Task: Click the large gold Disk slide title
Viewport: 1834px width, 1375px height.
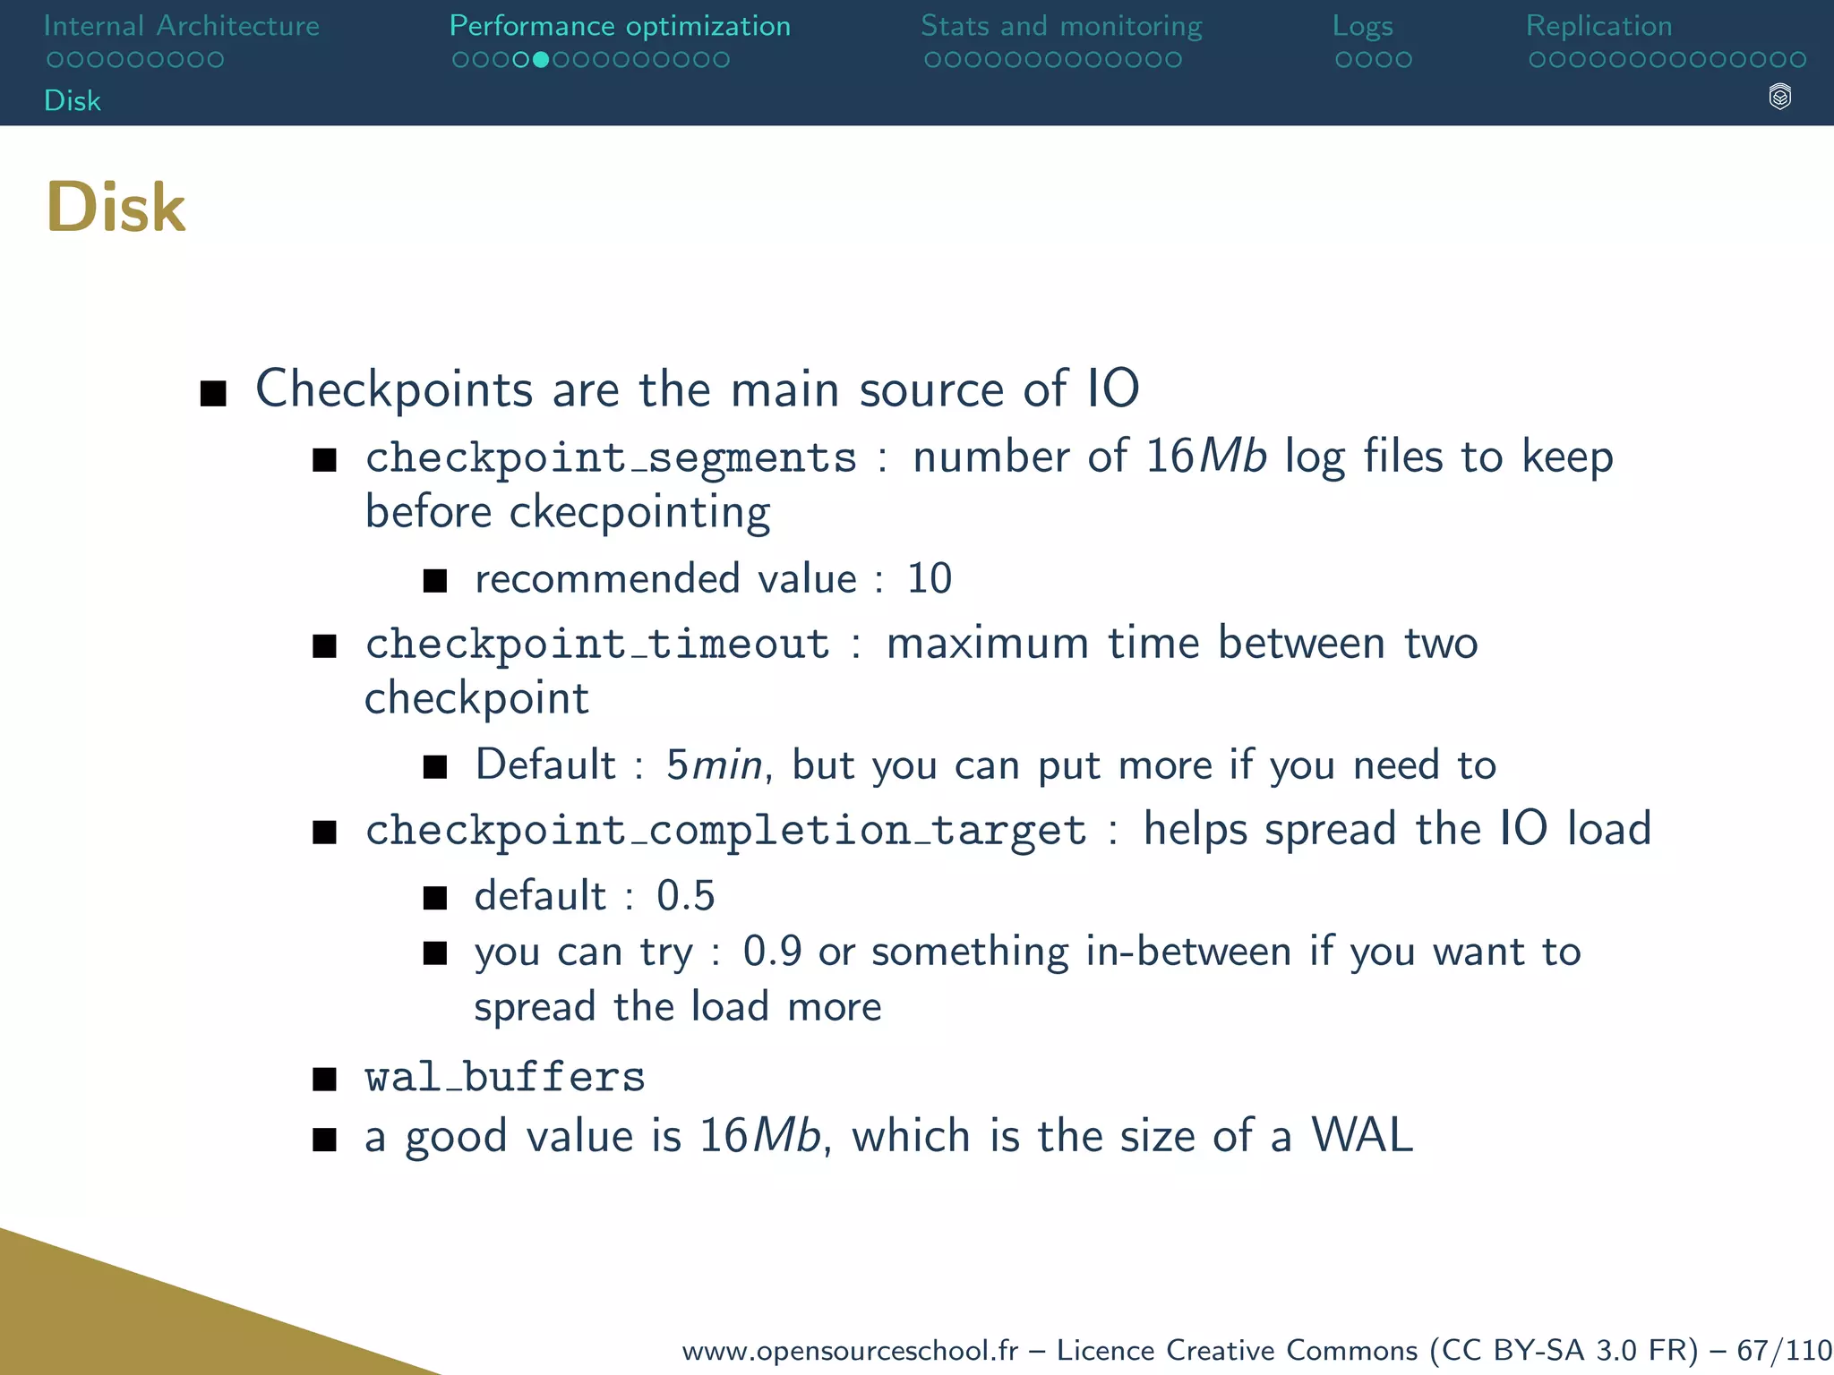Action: tap(116, 208)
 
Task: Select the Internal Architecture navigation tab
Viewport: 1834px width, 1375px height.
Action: tap(181, 26)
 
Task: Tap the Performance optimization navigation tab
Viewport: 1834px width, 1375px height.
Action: tap(620, 26)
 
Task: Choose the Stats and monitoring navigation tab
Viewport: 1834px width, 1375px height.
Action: tap(1061, 26)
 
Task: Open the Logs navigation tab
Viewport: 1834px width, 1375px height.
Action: tap(1362, 26)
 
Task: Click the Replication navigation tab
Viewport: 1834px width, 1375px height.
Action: tap(1598, 26)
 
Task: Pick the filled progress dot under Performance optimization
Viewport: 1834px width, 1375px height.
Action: tap(540, 60)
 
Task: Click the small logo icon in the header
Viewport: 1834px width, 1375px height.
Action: tap(1779, 97)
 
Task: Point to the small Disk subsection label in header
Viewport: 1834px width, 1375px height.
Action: tap(73, 100)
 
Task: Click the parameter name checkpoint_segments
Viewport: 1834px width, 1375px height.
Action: tap(611, 458)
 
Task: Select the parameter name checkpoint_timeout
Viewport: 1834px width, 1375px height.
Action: tap(597, 645)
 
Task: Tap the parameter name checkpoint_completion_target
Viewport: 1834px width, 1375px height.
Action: tap(725, 831)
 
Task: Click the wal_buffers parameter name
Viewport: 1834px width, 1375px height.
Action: tap(504, 1077)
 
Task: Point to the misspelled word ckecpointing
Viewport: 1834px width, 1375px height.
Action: tap(639, 513)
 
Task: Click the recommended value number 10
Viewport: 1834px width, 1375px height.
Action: tap(929, 579)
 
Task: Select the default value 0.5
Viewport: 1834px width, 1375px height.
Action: tap(685, 896)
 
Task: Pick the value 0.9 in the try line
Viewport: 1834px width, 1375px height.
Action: tap(772, 952)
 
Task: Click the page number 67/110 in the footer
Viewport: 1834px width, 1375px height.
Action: tap(1784, 1350)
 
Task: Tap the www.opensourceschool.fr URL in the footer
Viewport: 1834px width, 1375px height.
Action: tap(850, 1350)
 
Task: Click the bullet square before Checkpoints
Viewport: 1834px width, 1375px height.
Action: tap(213, 393)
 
